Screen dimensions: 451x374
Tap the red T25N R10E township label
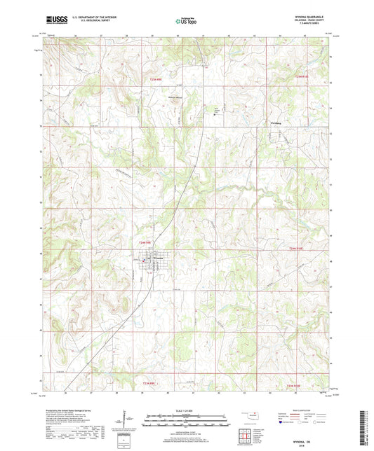pyautogui.click(x=302, y=74)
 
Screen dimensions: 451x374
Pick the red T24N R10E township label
pyautogui.click(x=300, y=247)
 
